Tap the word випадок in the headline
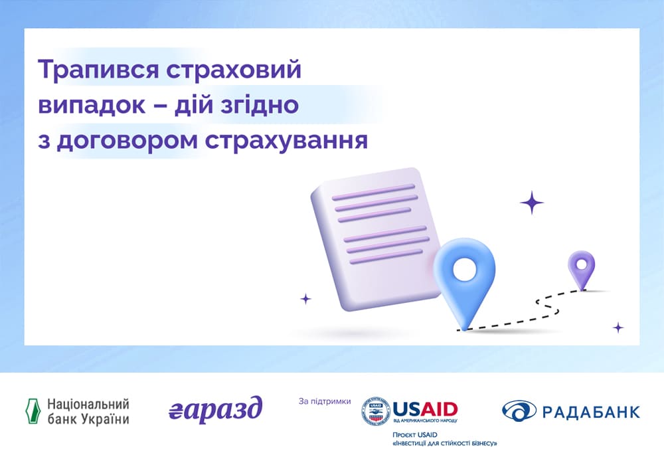92,105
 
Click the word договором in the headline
127,141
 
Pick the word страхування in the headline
287,141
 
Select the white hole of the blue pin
465,269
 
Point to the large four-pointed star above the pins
532,203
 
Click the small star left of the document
305,299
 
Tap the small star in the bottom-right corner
618,327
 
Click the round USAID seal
376,411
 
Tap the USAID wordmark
425,409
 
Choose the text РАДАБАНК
592,412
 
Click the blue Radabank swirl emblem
519,411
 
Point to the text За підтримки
325,401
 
